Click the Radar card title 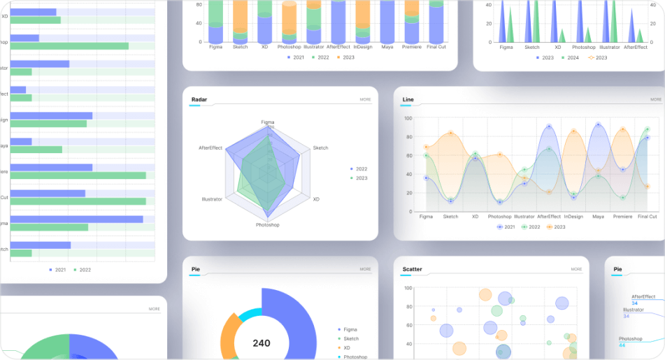[199, 99]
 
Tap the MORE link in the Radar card [365, 99]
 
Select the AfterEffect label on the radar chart [210, 148]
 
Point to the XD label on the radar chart [316, 199]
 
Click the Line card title [408, 99]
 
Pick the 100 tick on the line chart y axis [408, 118]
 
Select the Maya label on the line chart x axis [598, 217]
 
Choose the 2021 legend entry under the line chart [506, 226]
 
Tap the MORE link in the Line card [655, 99]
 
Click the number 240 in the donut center [262, 343]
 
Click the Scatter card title [412, 269]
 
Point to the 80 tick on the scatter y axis [408, 306]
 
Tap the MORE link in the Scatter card [575, 269]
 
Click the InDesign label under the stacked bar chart [362, 47]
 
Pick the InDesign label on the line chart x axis [573, 217]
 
